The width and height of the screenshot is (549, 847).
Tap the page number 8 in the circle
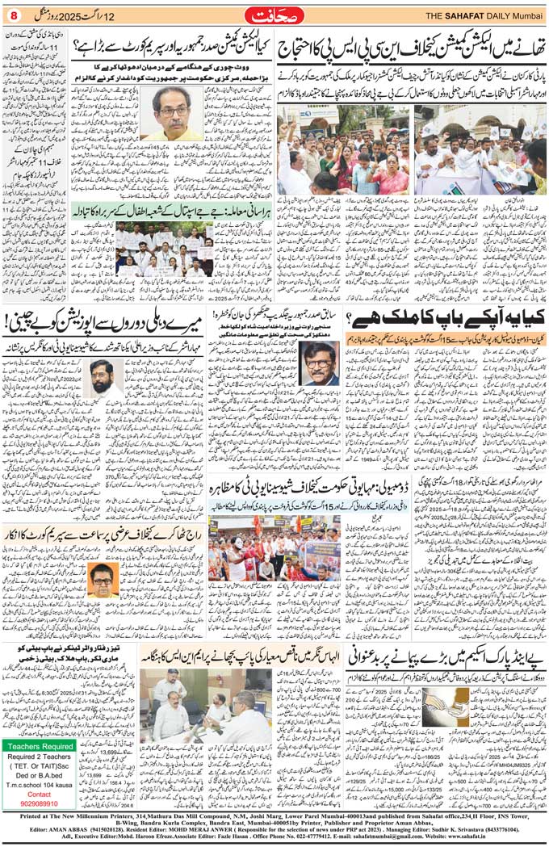[14, 16]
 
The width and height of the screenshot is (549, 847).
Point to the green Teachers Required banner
[39, 745]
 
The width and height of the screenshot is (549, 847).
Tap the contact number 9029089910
[39, 803]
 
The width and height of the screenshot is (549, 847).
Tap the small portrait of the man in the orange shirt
[101, 575]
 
